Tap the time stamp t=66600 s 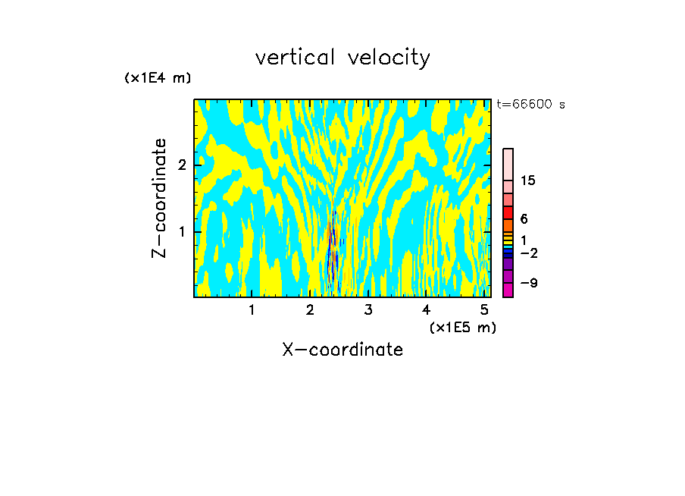[x=530, y=105]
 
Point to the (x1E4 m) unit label [x=158, y=78]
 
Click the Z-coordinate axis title [x=159, y=198]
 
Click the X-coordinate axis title [x=342, y=350]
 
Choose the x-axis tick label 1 [x=252, y=309]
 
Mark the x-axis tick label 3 [x=368, y=309]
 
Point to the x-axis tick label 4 [x=427, y=309]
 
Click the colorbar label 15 [x=528, y=181]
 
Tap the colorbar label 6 [x=524, y=218]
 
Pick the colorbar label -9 [x=528, y=283]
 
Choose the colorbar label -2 [x=528, y=252]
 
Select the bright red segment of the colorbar [x=508, y=212]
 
